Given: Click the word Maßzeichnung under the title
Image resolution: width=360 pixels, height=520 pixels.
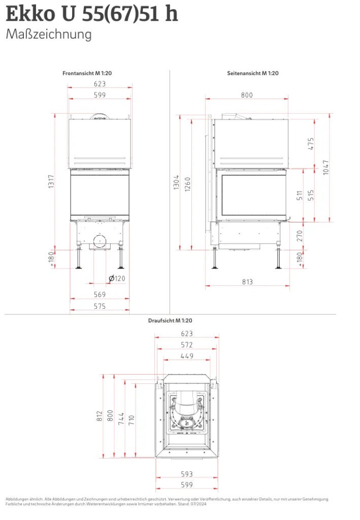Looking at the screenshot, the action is (49, 35).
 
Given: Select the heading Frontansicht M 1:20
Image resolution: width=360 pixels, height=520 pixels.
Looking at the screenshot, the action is (87, 73).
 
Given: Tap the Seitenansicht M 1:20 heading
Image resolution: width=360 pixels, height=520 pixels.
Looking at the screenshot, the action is (252, 73).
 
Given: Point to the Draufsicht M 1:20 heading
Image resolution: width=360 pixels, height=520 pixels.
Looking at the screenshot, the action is (170, 321).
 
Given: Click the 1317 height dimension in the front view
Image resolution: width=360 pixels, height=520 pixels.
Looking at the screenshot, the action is (51, 182).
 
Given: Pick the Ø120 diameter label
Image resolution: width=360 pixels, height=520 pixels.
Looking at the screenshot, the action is (117, 279).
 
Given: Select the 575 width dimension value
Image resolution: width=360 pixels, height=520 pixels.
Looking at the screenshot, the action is (100, 306).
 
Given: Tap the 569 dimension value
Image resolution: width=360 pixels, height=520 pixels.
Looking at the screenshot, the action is (100, 295).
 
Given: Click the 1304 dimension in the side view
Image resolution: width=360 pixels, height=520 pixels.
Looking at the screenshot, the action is (176, 182).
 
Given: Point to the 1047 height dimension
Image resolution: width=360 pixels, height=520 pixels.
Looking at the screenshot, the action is (326, 168).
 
